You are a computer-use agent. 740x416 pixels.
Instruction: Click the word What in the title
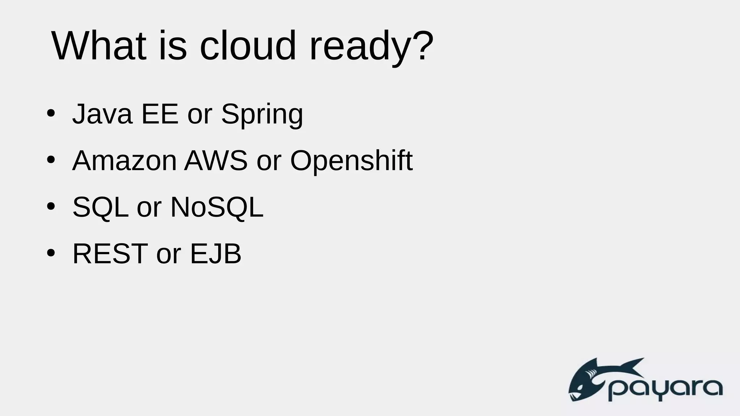pyautogui.click(x=99, y=46)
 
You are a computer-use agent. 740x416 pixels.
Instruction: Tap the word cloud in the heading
pyautogui.click(x=248, y=46)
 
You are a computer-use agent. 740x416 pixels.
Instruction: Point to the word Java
pyautogui.click(x=102, y=114)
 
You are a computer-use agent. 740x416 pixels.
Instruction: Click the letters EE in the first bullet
pyautogui.click(x=160, y=114)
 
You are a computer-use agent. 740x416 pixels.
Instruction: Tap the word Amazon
pyautogui.click(x=124, y=160)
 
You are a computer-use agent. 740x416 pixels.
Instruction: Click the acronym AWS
pyautogui.click(x=216, y=160)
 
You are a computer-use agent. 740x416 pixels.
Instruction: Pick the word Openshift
pyautogui.click(x=351, y=161)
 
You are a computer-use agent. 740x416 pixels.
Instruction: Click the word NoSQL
pyautogui.click(x=217, y=207)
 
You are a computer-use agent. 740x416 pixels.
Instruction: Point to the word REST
pyautogui.click(x=110, y=253)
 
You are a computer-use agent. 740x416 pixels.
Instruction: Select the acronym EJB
pyautogui.click(x=215, y=253)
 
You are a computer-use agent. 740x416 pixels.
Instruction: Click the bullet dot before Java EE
pyautogui.click(x=51, y=113)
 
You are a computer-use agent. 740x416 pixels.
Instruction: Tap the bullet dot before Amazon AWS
pyautogui.click(x=51, y=160)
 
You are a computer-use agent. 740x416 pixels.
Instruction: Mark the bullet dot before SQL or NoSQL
pyautogui.click(x=51, y=207)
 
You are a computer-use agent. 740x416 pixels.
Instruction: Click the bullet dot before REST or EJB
pyautogui.click(x=51, y=253)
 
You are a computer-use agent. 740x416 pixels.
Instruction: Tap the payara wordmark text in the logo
pyautogui.click(x=665, y=389)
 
